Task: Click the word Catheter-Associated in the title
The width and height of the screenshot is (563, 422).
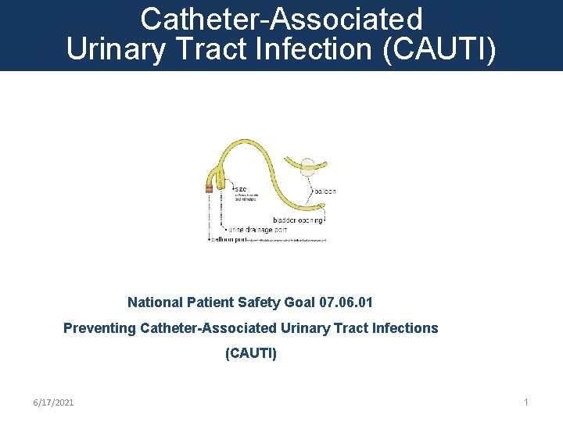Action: (281, 19)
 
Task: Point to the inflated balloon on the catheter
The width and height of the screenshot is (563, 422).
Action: (309, 166)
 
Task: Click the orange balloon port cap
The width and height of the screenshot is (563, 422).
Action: (209, 188)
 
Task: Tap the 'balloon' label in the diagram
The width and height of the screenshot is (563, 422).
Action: (324, 191)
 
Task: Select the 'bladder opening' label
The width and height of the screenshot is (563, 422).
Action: (298, 220)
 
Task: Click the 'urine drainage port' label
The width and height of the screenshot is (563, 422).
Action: (259, 230)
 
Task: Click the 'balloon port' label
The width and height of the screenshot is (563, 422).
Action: (230, 239)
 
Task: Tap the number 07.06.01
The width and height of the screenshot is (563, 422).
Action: (351, 302)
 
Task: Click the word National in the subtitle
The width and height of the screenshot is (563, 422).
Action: (155, 302)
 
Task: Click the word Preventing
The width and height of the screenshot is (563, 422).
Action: (99, 328)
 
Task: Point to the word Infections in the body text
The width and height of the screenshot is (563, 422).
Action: (406, 328)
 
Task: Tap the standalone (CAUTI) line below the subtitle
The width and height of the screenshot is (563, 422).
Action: (250, 353)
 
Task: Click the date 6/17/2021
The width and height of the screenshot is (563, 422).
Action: (53, 402)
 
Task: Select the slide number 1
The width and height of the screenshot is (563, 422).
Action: (526, 402)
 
